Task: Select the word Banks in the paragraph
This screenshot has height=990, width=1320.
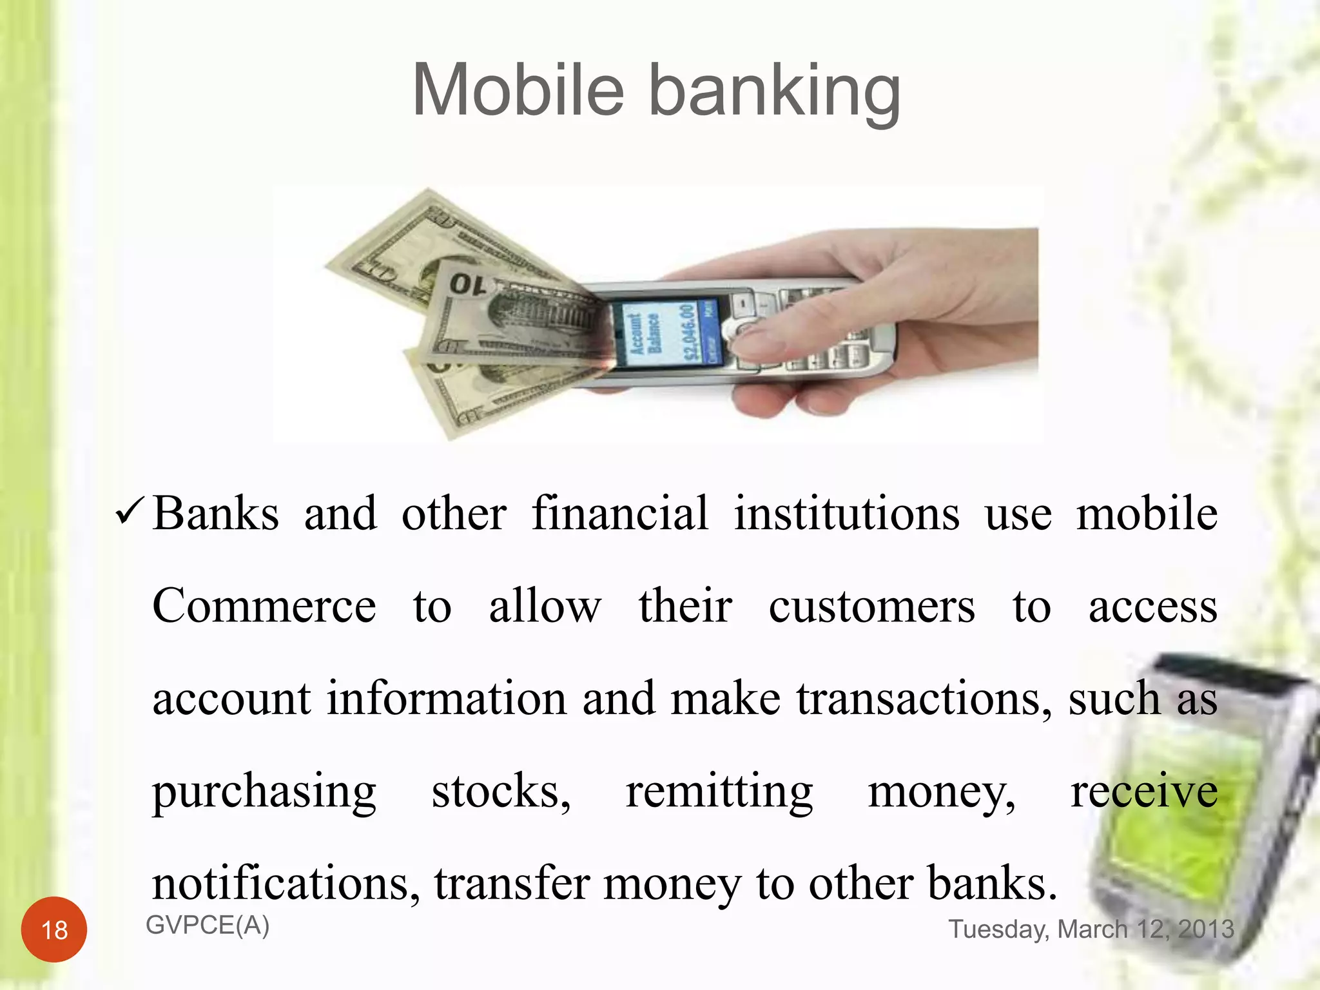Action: pos(216,514)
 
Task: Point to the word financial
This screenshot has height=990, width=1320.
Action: pos(620,514)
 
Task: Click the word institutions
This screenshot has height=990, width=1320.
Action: pos(847,514)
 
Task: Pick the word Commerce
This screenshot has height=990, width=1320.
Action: pos(264,607)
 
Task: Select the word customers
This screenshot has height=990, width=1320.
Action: pos(871,607)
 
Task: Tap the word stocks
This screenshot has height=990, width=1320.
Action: pos(501,791)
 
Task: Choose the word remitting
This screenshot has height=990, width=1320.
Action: pos(719,791)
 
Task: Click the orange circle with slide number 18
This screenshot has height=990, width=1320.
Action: pos(54,929)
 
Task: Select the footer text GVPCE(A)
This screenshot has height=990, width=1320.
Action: pos(208,926)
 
